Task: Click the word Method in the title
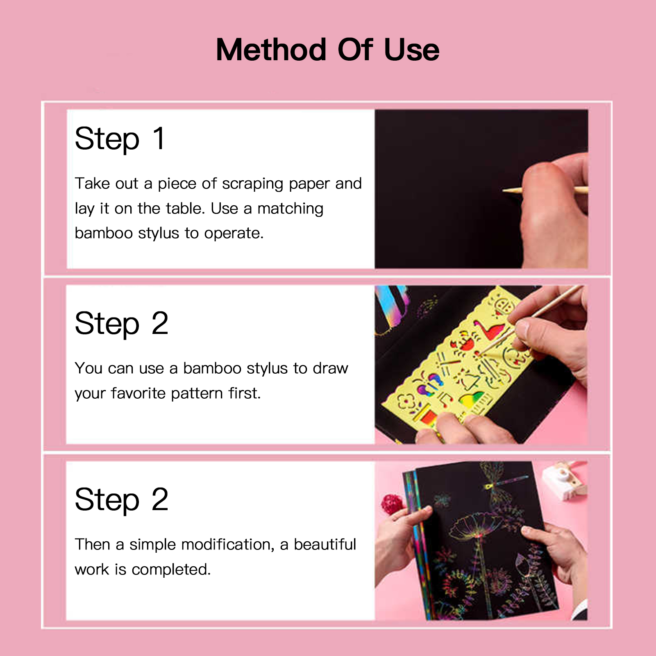pos(271,50)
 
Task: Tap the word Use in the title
pos(411,50)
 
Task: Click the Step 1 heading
pos(120,139)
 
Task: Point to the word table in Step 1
pos(185,209)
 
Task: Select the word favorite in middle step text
pos(138,393)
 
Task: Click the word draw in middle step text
pos(330,368)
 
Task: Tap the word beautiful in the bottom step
pos(325,545)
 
